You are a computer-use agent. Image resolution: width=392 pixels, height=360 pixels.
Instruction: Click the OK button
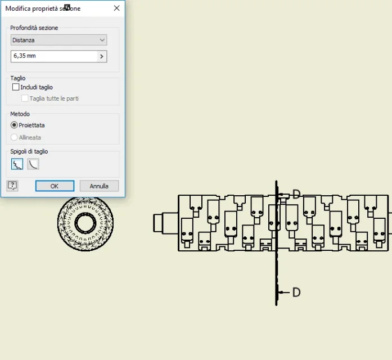tap(55, 186)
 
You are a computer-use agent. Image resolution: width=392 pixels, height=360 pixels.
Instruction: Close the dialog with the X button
tap(116, 8)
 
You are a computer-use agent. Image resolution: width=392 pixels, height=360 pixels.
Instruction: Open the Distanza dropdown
tap(58, 40)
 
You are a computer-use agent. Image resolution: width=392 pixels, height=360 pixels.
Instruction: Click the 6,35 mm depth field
tap(54, 56)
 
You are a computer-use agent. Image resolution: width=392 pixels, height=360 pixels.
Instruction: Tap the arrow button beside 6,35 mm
tap(101, 56)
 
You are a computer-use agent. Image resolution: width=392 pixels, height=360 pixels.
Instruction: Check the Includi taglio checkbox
tap(16, 87)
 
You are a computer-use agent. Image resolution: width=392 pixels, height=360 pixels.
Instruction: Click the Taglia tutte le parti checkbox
tap(25, 98)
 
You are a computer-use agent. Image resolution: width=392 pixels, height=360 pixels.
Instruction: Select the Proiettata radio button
tap(14, 125)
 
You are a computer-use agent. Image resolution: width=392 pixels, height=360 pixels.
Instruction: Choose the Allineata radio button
tap(14, 137)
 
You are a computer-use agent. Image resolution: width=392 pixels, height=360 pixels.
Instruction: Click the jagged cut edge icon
tap(17, 164)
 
